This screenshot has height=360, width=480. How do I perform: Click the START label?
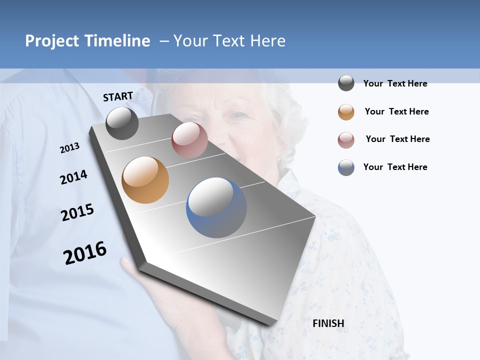click(118, 96)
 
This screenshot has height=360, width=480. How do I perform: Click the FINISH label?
click(328, 323)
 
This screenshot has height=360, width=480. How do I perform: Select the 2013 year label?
click(70, 147)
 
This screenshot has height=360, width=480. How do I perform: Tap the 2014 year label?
click(73, 177)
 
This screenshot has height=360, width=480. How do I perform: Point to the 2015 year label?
click(77, 212)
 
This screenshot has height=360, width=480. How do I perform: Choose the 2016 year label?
click(85, 253)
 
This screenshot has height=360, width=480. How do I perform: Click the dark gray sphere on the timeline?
click(122, 123)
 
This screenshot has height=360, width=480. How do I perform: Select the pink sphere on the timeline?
click(189, 140)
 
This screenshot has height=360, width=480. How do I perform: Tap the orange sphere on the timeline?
click(145, 180)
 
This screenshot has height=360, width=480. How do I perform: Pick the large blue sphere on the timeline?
click(216, 207)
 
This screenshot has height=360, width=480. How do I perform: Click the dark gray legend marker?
click(346, 83)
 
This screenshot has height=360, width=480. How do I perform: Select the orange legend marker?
click(346, 112)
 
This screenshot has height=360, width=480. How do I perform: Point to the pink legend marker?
click(346, 140)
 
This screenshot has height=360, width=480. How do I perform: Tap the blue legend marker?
click(346, 167)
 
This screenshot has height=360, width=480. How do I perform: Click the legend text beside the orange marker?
click(396, 111)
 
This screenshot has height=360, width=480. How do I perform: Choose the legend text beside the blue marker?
click(395, 167)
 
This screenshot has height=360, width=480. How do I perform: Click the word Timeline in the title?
click(117, 41)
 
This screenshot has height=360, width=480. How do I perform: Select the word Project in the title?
click(52, 41)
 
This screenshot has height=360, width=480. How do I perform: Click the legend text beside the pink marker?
click(397, 139)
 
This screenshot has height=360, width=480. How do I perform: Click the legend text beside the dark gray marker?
click(395, 83)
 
